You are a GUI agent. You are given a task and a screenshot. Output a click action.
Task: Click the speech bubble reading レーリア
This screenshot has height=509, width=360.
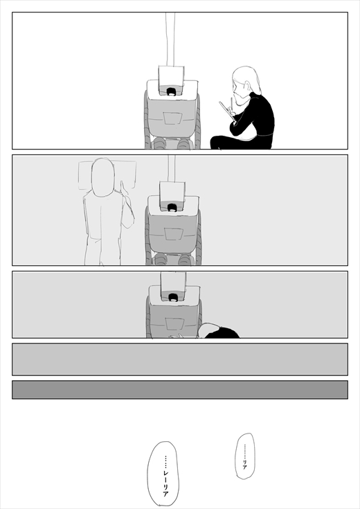click(x=163, y=473)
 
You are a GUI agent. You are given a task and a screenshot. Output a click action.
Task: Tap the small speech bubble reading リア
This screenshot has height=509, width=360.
click(x=245, y=456)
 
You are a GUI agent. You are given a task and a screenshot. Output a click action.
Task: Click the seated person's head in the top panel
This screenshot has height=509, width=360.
click(x=246, y=84)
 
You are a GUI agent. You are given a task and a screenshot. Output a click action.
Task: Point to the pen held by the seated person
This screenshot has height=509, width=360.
click(x=231, y=105)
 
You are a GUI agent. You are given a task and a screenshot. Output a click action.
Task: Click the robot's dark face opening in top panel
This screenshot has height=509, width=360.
click(x=171, y=91)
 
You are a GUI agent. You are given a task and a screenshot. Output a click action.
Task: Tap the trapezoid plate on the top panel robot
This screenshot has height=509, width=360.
click(x=172, y=118)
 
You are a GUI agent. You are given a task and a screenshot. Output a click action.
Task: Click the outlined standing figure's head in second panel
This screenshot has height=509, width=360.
click(x=103, y=177)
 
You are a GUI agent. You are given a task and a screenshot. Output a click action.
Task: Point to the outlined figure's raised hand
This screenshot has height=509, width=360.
click(x=124, y=189)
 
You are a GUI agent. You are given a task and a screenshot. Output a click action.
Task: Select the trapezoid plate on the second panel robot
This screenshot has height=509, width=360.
click(x=173, y=234)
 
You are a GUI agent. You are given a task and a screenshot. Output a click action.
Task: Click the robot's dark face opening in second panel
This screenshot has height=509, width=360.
click(x=172, y=207)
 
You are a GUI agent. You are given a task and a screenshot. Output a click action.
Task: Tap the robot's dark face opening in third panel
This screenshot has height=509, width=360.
click(x=173, y=297)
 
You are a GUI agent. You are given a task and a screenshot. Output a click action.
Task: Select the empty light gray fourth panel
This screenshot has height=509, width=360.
click(x=180, y=359)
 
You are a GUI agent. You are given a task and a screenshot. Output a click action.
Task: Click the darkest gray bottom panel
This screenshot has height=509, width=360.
click(x=180, y=389)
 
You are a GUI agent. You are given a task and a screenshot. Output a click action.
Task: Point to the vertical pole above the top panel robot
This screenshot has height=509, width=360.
click(x=170, y=39)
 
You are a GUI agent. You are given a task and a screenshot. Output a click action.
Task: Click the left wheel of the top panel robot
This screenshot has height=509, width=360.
click(x=147, y=120)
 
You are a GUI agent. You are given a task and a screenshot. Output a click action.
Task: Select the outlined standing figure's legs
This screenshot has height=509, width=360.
click(x=102, y=251)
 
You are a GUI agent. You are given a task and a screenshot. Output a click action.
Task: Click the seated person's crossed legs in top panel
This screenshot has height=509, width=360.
click(x=241, y=143)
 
